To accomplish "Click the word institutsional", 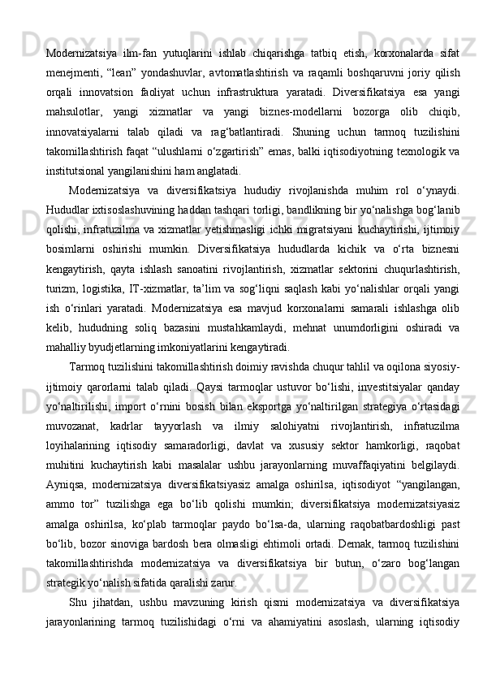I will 80,171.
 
